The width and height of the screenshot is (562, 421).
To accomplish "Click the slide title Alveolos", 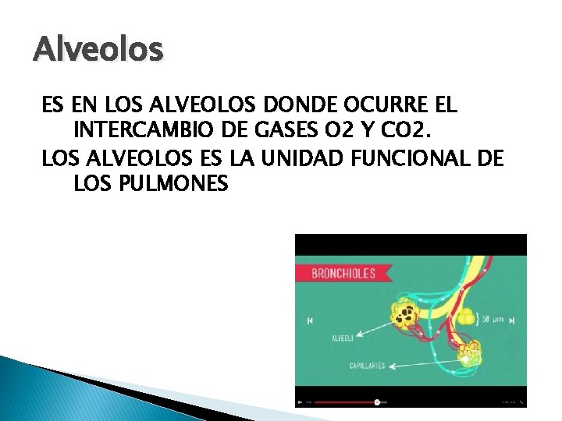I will pyautogui.click(x=98, y=50).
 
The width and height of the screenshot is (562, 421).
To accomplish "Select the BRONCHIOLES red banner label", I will pyautogui.click(x=343, y=273).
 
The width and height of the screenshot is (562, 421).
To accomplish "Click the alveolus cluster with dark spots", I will pyautogui.click(x=405, y=314).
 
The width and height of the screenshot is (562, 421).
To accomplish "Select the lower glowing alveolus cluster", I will pyautogui.click(x=469, y=356).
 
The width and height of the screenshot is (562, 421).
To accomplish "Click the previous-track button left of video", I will pyautogui.click(x=310, y=320).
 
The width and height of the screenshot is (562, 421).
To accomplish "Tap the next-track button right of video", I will pyautogui.click(x=514, y=320).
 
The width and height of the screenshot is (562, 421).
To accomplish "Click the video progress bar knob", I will pyautogui.click(x=377, y=402).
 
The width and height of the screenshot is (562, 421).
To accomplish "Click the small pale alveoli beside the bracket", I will pyautogui.click(x=464, y=317).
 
